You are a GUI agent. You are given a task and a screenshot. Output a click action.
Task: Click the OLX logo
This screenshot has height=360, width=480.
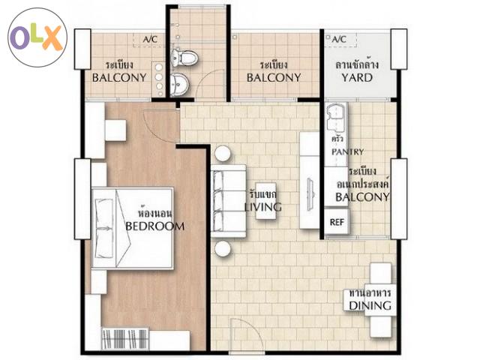(37, 37)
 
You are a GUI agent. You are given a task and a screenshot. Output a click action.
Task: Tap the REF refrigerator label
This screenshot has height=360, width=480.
(337, 222)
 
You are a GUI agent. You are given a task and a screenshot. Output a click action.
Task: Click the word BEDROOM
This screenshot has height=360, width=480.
(155, 226)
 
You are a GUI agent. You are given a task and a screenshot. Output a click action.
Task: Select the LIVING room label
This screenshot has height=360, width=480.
(263, 207)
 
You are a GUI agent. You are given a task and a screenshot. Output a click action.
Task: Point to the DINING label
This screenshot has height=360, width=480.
(370, 305)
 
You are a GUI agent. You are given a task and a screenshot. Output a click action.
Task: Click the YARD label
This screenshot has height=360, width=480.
(357, 78)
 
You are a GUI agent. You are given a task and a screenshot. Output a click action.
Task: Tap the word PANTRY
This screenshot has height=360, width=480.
(348, 151)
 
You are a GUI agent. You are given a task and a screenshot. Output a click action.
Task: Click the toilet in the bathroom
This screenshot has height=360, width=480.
(184, 58)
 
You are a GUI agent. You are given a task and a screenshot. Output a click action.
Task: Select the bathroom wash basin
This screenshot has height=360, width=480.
(179, 84)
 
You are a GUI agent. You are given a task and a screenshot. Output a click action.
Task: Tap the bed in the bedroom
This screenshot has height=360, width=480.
(132, 228)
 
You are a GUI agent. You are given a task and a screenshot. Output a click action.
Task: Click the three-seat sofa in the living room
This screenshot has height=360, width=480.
(228, 201)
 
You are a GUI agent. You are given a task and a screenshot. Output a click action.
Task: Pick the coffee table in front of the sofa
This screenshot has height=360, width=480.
(265, 201)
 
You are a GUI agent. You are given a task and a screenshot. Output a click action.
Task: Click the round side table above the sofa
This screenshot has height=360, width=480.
(223, 153)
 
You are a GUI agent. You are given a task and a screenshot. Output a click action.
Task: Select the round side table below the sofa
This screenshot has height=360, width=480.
(223, 248)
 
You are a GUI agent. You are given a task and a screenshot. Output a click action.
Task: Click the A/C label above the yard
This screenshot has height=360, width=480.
(339, 40)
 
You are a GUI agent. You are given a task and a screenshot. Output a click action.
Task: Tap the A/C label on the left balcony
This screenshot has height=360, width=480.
(150, 40)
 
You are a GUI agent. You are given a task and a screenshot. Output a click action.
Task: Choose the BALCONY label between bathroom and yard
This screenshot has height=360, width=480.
(274, 78)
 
